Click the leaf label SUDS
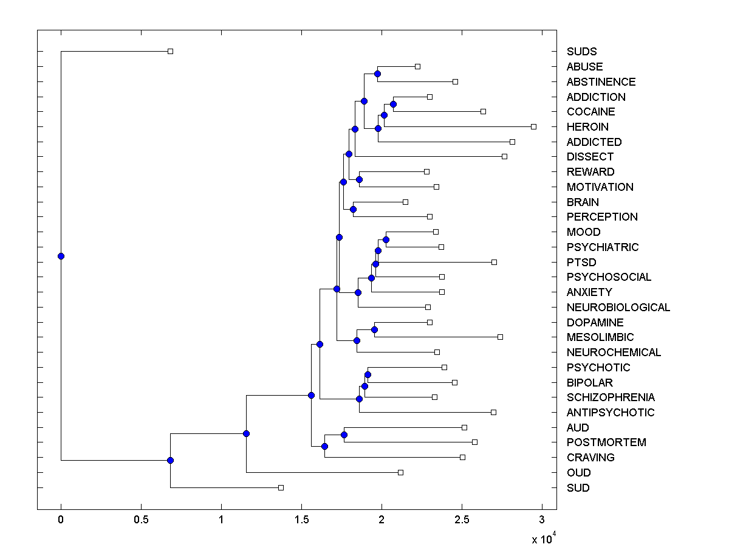pos(581,52)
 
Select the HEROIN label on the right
pos(587,127)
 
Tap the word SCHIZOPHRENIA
pos(611,397)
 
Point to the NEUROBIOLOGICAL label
pos(618,308)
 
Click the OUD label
pos(578,473)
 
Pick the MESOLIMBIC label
pos(600,337)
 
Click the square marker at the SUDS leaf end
pos(171,51)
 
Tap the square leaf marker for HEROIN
pos(533,126)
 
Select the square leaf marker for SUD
pos(281,487)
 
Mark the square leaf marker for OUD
pos(400,472)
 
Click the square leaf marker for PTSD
pos(494,262)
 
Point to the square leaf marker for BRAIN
pos(405,202)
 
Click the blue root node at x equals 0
pos(61,256)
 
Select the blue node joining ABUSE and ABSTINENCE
pos(377,74)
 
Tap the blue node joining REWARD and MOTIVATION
pos(359,179)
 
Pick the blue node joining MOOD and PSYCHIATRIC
pos(386,239)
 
